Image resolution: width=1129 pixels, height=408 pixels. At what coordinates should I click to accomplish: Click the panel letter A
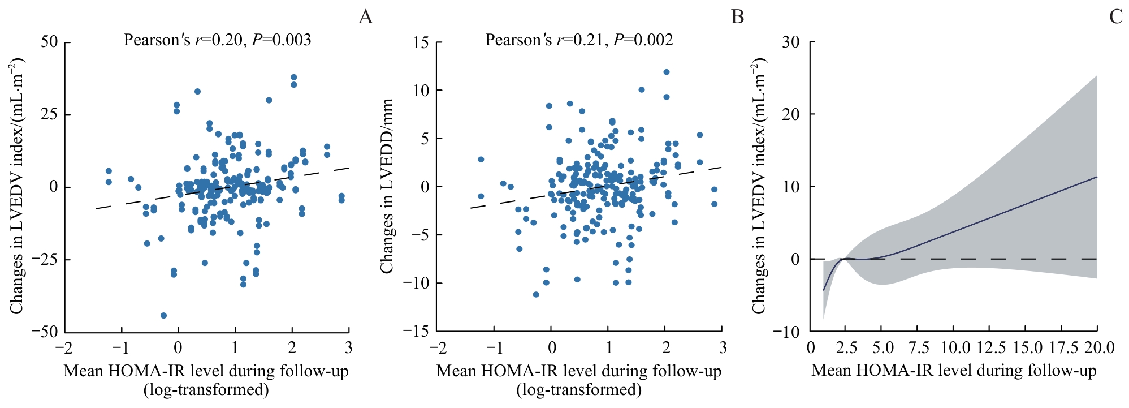coord(365,17)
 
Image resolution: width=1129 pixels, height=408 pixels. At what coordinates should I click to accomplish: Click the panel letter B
coord(737,17)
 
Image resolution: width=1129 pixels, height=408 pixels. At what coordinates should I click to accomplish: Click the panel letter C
coord(1115,17)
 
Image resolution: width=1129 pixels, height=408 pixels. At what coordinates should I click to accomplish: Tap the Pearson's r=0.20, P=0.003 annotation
coord(217,40)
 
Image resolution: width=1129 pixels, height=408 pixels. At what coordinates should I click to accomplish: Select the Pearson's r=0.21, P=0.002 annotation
coord(579,40)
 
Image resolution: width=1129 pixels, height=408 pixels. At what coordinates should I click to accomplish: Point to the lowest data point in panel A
coord(163,315)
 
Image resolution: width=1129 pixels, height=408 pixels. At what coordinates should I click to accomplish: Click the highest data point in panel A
coord(293,78)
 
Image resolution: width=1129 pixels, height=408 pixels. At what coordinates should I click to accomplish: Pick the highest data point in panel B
coord(667,72)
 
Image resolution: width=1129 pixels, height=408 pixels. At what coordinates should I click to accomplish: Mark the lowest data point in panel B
coord(536,294)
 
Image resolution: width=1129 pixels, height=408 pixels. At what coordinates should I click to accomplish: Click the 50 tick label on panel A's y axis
coord(49,42)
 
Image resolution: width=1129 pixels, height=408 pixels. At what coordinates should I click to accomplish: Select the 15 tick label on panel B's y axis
coord(421,42)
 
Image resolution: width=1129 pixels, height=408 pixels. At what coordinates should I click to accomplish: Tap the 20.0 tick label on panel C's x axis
coord(1098,347)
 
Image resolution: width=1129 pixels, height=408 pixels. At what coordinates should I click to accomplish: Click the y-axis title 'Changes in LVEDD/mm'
coord(387,186)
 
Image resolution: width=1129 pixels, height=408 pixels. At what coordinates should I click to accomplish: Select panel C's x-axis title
coord(954,371)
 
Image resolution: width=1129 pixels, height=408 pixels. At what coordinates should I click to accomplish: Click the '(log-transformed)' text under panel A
coord(206,389)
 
